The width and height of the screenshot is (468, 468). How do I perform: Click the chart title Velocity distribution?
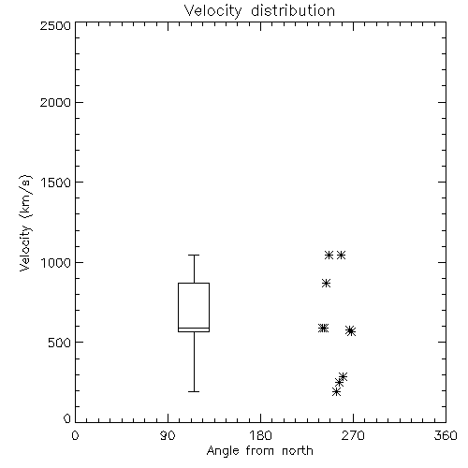(259, 10)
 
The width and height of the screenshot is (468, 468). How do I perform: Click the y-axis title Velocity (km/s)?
(25, 223)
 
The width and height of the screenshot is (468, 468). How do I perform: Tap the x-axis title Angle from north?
(259, 451)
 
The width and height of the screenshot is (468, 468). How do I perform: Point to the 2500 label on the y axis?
(55, 25)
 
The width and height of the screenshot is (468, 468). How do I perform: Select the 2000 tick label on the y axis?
(55, 102)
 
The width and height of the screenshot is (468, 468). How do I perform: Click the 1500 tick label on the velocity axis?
(56, 183)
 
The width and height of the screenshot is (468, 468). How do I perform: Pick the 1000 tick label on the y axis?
(56, 262)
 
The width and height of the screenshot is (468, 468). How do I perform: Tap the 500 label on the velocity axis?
(60, 343)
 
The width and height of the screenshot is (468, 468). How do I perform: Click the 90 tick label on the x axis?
(168, 435)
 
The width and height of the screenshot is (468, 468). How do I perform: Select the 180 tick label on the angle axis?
(260, 435)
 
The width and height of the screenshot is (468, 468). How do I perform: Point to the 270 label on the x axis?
(353, 435)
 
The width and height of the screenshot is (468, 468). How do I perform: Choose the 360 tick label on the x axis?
(446, 435)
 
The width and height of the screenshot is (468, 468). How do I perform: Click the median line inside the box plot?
(194, 328)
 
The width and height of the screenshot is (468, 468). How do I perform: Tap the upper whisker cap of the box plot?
(194, 255)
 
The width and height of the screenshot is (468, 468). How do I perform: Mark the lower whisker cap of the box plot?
(194, 391)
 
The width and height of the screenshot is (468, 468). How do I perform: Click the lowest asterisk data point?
(336, 391)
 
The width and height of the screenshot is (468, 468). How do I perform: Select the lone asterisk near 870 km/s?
(326, 284)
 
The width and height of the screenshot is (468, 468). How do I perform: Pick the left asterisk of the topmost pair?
(329, 256)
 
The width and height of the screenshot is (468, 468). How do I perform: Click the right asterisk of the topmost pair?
(341, 256)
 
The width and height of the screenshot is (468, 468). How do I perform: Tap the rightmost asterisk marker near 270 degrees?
(351, 331)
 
